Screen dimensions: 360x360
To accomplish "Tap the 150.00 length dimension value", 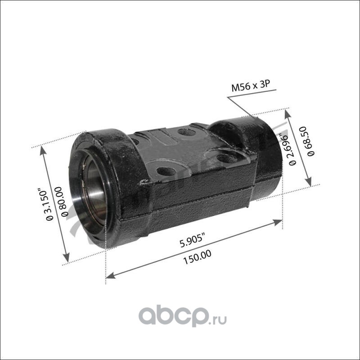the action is (x=197, y=257).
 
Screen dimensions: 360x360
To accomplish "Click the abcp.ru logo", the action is (x=183, y=317).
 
